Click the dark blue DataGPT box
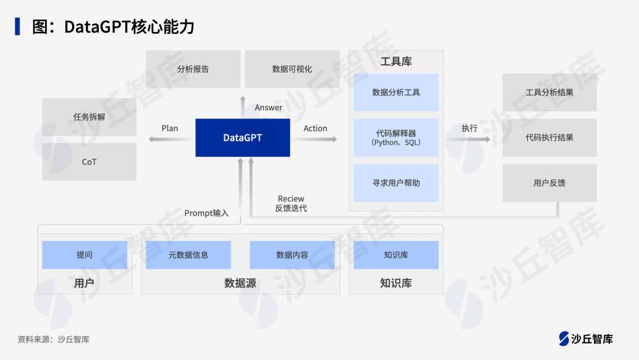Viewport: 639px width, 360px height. pos(243,137)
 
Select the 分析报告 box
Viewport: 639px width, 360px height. pos(193,69)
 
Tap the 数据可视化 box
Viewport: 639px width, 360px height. pos(292,69)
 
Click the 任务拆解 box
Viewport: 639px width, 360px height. pos(89,117)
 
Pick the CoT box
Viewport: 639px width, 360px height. pos(89,162)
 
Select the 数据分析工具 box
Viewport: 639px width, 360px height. pos(396,92)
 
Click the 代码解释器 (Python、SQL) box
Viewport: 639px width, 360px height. pos(396,137)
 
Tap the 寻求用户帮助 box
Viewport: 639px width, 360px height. pos(396,183)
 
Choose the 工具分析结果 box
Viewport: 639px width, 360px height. pos(549,92)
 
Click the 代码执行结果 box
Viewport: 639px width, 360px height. pos(549,137)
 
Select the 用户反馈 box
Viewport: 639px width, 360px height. pos(549,183)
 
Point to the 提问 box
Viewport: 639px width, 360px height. pos(85,255)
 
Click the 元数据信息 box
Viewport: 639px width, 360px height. pos(188,255)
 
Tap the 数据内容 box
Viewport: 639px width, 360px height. pos(292,255)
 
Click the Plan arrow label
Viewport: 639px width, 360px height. pos(170,128)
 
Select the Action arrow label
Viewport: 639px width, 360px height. pos(315,128)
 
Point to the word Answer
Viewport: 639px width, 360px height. pos(269,108)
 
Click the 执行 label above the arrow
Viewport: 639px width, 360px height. pos(470,128)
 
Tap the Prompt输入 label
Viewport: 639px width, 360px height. pos(206,213)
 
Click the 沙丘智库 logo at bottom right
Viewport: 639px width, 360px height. pos(586,339)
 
